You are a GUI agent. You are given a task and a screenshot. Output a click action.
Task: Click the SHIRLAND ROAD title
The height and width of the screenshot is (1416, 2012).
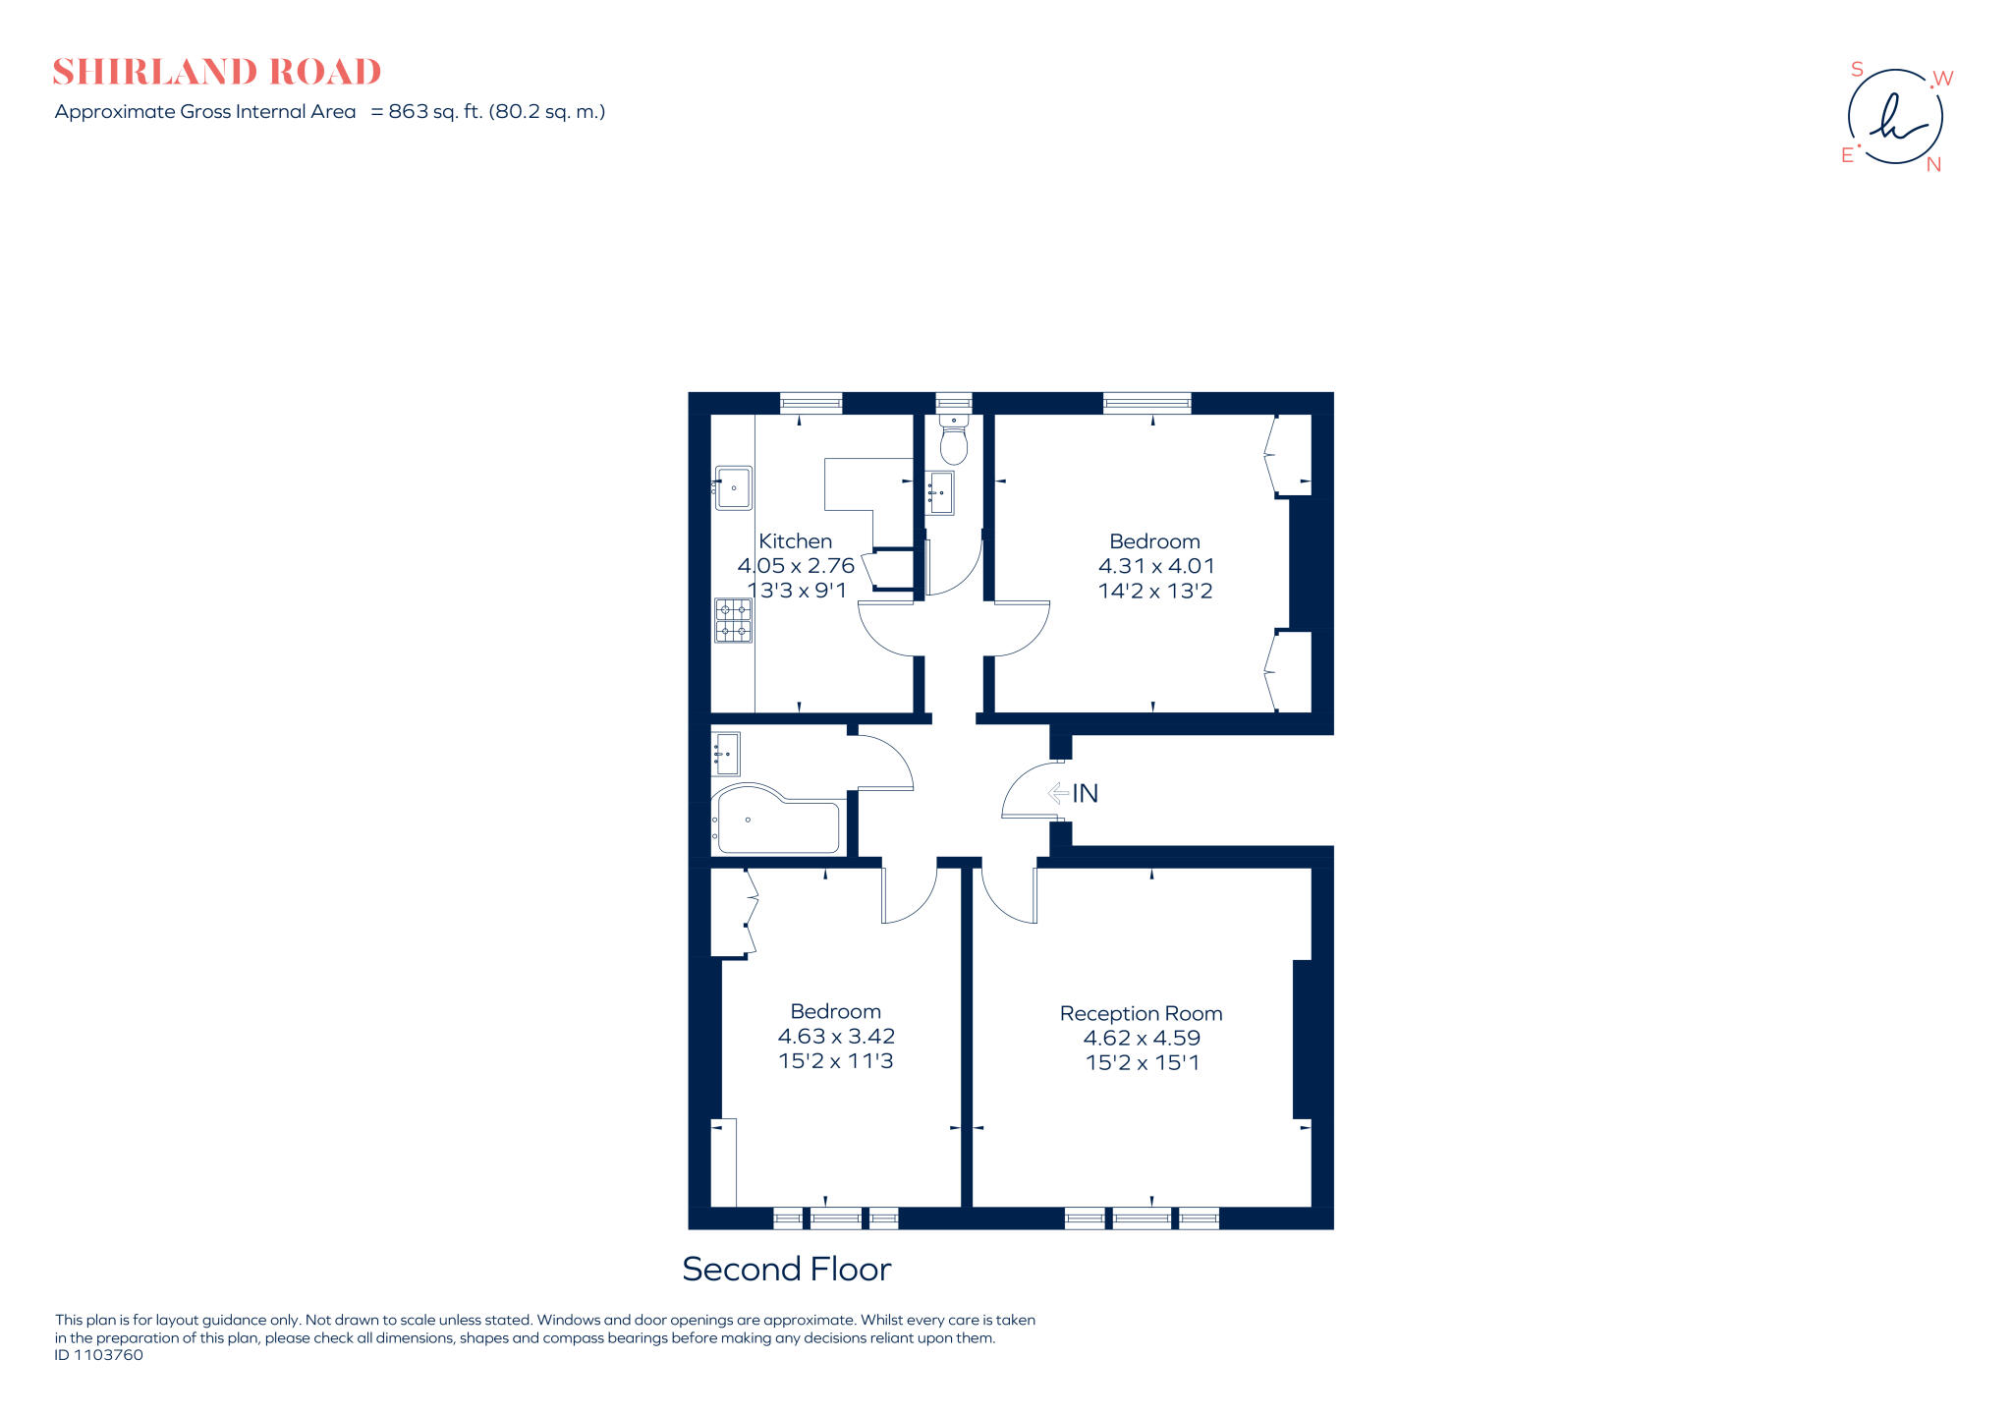[216, 72]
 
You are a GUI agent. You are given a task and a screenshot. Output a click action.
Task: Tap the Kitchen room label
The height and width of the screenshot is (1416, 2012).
[795, 541]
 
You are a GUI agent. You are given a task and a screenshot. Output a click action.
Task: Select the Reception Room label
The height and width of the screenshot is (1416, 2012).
[1141, 1013]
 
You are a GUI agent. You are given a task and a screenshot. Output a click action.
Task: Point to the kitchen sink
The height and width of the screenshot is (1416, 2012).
[733, 487]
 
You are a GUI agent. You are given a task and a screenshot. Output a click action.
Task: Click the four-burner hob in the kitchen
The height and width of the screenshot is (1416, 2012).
[733, 620]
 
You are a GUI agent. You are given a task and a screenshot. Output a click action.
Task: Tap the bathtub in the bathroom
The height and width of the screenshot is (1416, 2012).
[776, 821]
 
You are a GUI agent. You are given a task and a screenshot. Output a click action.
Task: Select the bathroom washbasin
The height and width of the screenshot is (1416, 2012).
[726, 754]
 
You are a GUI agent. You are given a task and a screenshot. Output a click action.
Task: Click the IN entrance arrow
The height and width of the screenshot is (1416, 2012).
[1059, 792]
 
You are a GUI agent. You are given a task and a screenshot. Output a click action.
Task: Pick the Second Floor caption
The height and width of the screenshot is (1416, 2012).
[786, 1269]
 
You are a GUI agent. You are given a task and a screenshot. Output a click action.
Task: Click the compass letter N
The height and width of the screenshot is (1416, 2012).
[1933, 165]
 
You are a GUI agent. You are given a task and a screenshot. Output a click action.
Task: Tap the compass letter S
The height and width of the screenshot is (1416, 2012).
[1857, 70]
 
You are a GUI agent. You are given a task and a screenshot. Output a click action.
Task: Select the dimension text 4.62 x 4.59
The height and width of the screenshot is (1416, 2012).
[1142, 1038]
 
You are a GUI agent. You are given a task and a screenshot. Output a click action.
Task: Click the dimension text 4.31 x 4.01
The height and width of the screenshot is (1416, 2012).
[1155, 566]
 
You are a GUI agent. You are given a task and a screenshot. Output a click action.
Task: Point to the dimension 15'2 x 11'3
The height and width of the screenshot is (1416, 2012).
[835, 1061]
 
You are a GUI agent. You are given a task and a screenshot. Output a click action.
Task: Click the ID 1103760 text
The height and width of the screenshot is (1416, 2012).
[98, 1355]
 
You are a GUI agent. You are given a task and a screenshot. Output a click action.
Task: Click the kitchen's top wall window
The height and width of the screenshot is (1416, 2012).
[810, 402]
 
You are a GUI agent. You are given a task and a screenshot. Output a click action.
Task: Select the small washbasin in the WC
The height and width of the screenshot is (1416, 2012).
[940, 491]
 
